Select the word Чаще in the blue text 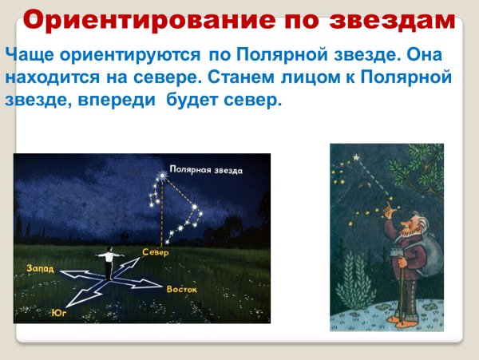pos(29,57)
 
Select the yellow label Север pos(156,252)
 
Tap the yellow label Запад pos(41,267)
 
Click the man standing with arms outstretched pos(105,263)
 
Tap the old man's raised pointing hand pos(389,212)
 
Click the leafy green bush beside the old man pos(355,287)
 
